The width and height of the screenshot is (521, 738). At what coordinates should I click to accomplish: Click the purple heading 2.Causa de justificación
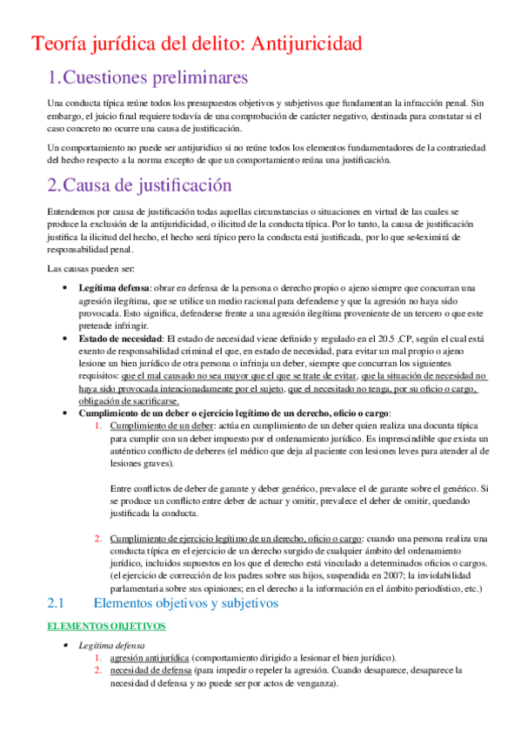click(139, 184)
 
